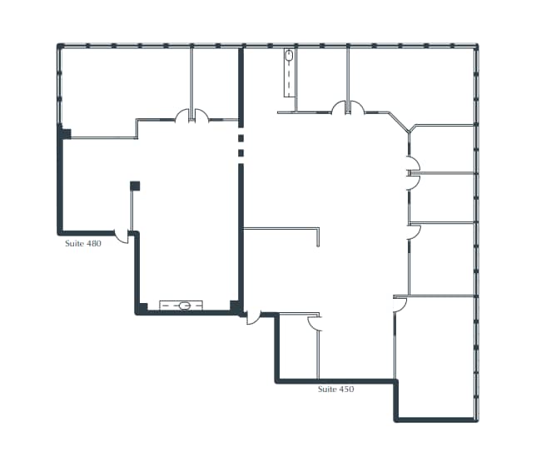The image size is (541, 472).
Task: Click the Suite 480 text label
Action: coord(83,244)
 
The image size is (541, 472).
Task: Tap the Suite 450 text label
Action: coord(336,389)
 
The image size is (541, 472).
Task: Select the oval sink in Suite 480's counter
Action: coord(185,306)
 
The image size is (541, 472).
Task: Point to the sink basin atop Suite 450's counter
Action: coord(289,57)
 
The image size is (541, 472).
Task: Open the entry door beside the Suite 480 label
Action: coord(122,236)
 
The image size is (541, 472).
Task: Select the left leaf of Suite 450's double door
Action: coord(339,107)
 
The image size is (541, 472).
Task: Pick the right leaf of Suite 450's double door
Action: coord(357,107)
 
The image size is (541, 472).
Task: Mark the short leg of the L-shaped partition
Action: coord(319,237)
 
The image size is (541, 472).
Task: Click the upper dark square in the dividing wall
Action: coord(241,137)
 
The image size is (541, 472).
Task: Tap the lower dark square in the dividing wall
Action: coord(241,153)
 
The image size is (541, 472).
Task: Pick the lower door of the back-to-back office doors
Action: coord(410,182)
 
